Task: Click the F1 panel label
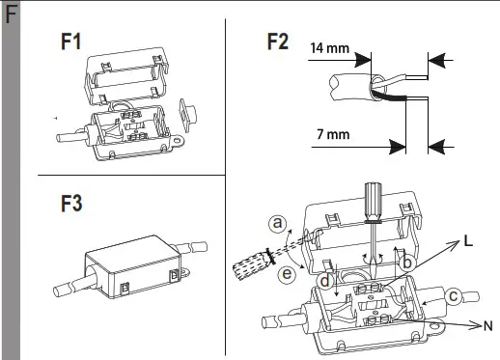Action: tap(70, 42)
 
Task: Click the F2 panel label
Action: tap(278, 42)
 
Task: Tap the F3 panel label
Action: tap(71, 204)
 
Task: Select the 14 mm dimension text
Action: tap(330, 48)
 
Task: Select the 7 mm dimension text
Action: tap(333, 134)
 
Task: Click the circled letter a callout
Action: tap(278, 223)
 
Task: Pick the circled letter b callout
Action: tap(407, 263)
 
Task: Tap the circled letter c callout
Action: tap(454, 295)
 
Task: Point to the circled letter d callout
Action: tap(325, 281)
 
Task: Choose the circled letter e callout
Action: tap(287, 274)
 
